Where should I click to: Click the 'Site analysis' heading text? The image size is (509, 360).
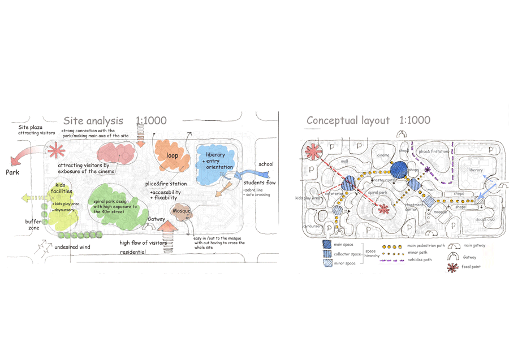(x=93, y=120)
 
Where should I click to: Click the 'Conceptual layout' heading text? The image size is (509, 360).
(x=348, y=120)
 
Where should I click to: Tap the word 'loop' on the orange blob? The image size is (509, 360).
(x=172, y=155)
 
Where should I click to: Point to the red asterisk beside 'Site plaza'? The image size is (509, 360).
(x=56, y=151)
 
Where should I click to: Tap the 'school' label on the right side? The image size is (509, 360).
(x=265, y=164)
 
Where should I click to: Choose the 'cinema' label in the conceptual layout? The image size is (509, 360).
(x=383, y=155)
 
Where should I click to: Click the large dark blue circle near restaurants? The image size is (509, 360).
(x=399, y=169)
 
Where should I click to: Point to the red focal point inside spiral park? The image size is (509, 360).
(x=384, y=210)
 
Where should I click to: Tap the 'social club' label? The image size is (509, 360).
(x=485, y=219)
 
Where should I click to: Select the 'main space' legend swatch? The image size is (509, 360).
(x=327, y=245)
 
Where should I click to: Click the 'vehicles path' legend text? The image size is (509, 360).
(x=419, y=259)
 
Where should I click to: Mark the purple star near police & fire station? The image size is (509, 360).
(x=428, y=170)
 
